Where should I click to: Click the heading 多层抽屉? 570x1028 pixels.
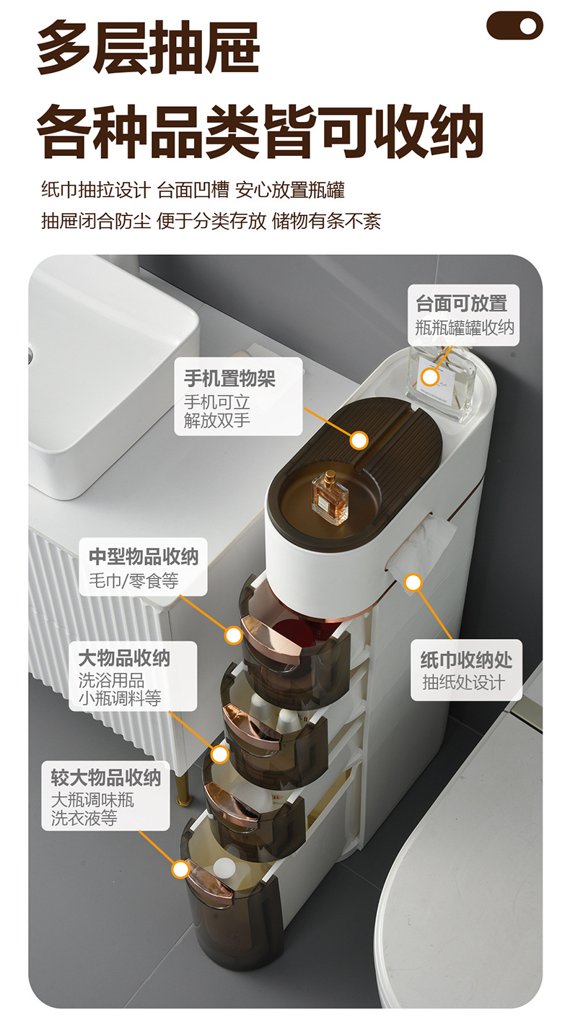tap(149, 49)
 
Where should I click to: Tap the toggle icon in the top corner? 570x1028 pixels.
tap(514, 26)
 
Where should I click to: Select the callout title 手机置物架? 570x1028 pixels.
tap(229, 378)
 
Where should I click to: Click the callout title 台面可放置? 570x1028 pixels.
tap(461, 304)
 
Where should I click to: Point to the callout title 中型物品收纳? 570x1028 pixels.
tap(143, 557)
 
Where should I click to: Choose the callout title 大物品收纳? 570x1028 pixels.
tap(124, 658)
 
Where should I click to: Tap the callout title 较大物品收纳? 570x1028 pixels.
tap(105, 777)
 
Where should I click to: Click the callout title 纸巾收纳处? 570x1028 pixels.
tap(466, 660)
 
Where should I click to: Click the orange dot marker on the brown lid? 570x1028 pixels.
tap(359, 440)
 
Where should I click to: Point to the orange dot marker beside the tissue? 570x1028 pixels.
tap(413, 583)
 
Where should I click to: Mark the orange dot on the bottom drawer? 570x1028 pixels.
tap(180, 868)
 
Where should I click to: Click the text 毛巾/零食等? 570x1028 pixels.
tap(133, 579)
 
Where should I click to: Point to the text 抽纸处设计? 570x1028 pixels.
tap(462, 682)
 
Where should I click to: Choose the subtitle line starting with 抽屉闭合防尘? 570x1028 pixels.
tap(211, 221)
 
